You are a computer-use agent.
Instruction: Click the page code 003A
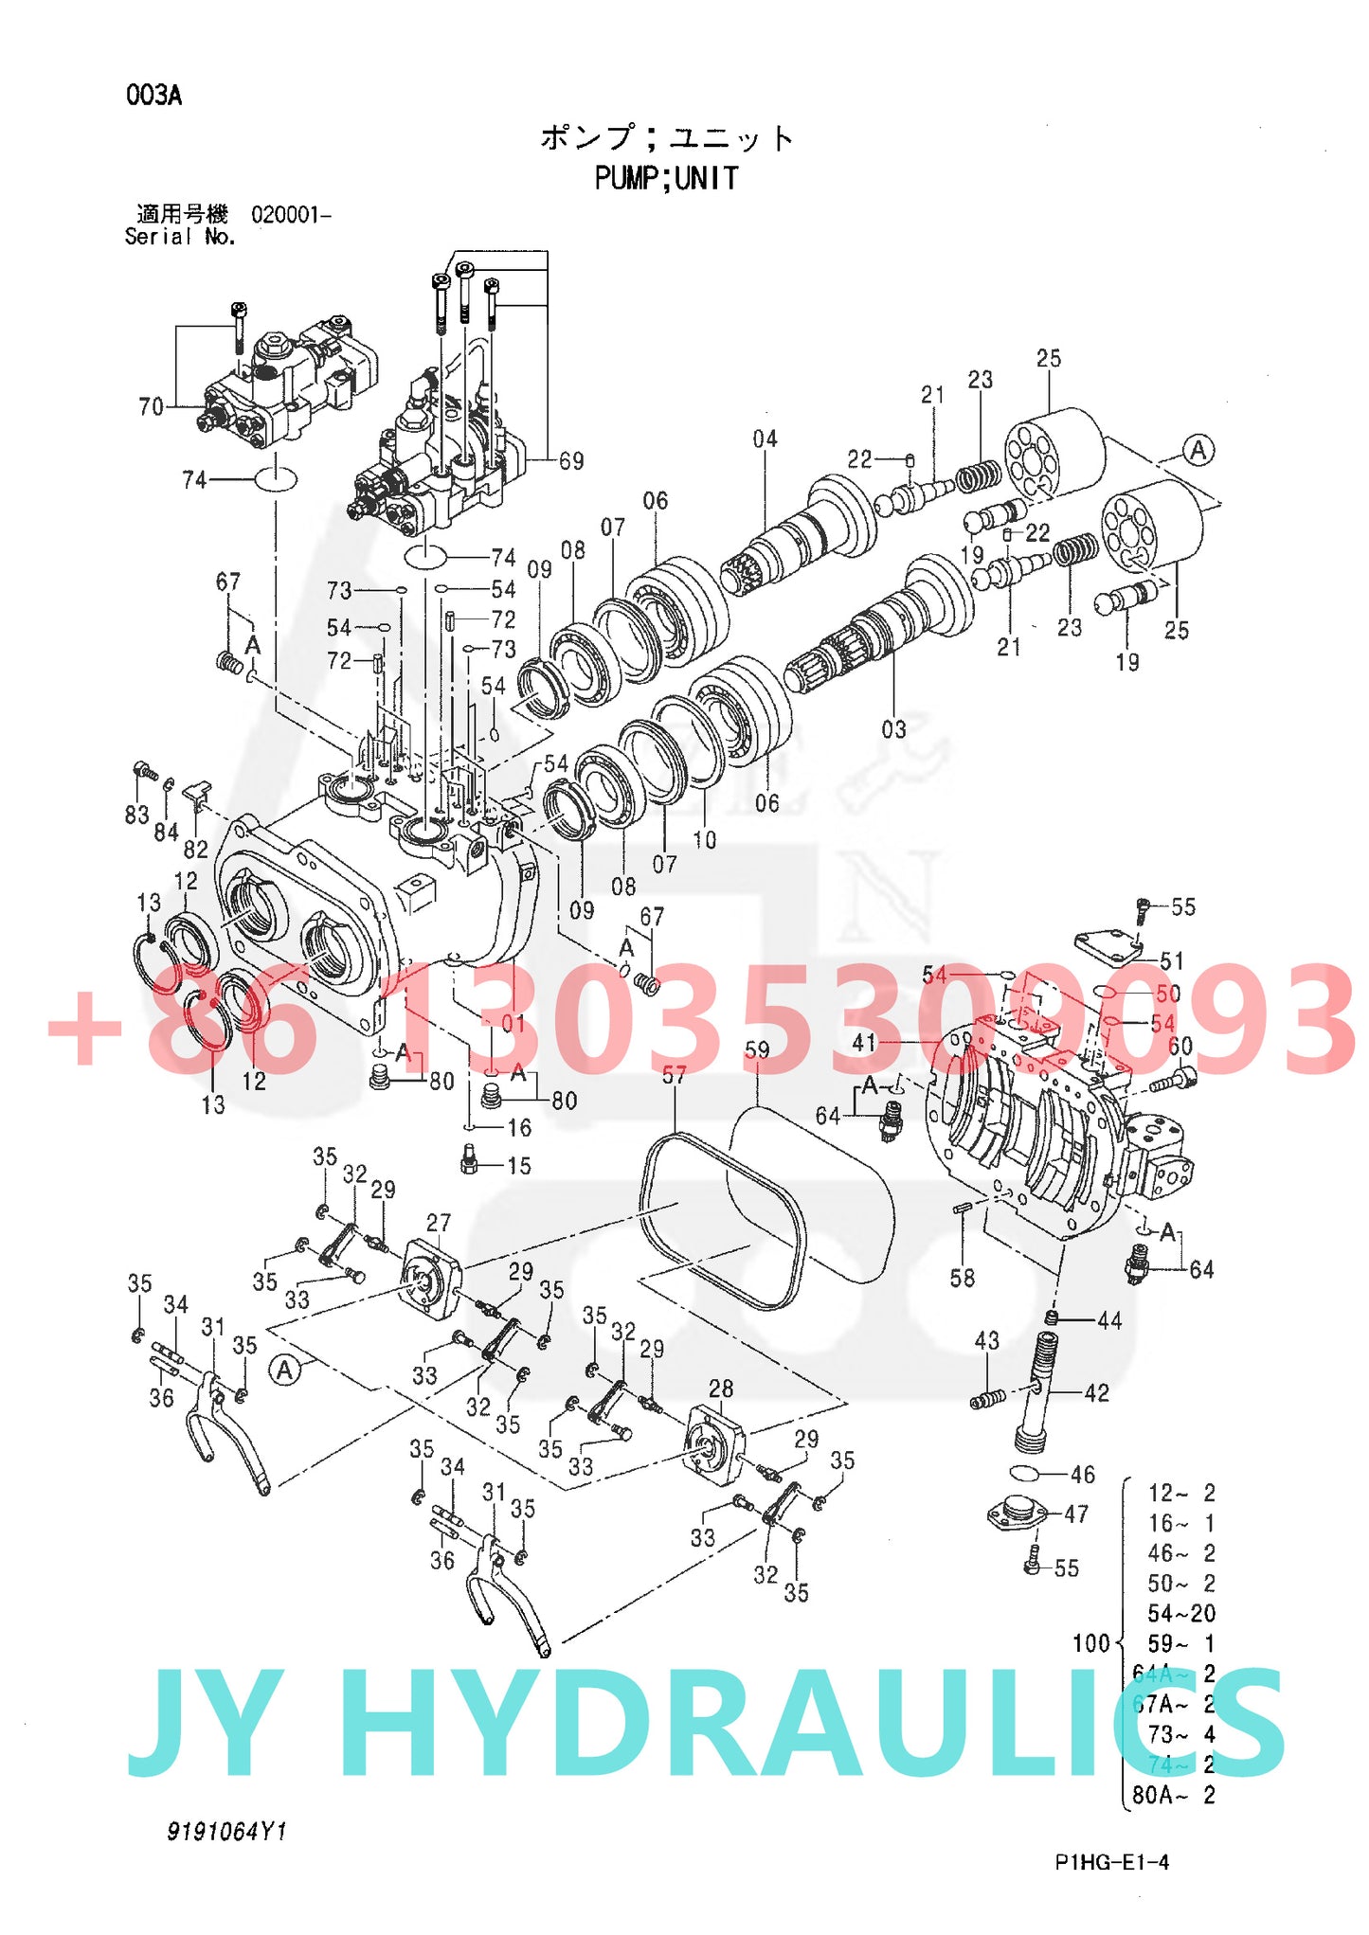click(x=153, y=95)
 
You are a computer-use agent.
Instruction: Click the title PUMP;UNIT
click(x=666, y=178)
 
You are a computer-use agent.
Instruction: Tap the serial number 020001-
click(x=291, y=214)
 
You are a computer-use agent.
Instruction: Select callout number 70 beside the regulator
click(x=152, y=406)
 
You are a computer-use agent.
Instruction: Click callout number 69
click(x=571, y=460)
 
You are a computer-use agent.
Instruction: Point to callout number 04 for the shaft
click(x=765, y=439)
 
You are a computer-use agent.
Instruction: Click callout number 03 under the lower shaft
click(x=893, y=729)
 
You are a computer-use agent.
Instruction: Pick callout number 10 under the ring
click(x=705, y=839)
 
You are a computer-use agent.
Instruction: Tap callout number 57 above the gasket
click(x=674, y=1075)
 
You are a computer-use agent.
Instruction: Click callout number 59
click(x=757, y=1049)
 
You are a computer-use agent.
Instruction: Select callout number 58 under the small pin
click(x=963, y=1278)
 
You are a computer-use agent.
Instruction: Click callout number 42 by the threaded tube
click(x=1096, y=1392)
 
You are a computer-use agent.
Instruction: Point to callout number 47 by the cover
click(x=1076, y=1514)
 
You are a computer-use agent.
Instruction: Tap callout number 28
click(x=721, y=1389)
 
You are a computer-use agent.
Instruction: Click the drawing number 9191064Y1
click(x=226, y=1832)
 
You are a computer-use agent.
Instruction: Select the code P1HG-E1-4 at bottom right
click(x=1111, y=1862)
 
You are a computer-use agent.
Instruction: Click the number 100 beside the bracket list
click(x=1090, y=1642)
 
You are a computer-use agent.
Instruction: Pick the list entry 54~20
click(x=1180, y=1613)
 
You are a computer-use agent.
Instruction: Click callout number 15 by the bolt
click(x=519, y=1165)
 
